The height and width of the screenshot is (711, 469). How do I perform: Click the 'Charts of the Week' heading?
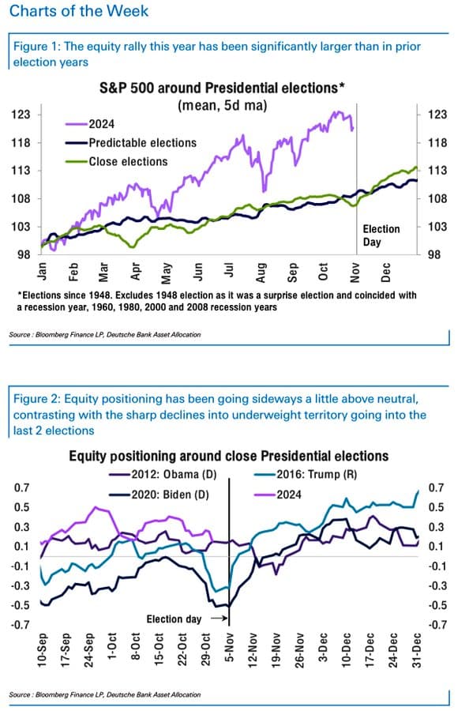tap(79, 10)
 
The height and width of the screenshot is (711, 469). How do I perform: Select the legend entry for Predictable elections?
tap(131, 143)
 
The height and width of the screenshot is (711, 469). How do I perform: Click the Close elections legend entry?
tap(117, 161)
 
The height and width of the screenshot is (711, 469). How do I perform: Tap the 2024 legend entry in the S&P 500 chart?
tap(90, 124)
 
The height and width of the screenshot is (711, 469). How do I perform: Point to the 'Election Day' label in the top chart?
tap(381, 235)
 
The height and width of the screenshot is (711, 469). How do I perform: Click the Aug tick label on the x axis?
tap(261, 273)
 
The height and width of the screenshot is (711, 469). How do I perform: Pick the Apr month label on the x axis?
tap(135, 272)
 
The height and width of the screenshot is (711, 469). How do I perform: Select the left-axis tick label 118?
tap(21, 143)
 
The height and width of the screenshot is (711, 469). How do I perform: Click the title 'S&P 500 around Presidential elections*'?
tap(222, 88)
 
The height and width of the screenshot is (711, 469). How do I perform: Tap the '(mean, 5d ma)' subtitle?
tap(223, 106)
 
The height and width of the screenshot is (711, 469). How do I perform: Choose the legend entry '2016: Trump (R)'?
tap(306, 475)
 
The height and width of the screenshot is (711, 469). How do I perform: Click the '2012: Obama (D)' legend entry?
tap(163, 475)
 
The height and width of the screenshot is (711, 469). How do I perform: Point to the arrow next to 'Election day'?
tap(219, 618)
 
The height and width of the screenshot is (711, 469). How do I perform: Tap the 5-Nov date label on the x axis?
tap(230, 649)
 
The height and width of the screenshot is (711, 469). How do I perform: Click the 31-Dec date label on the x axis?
tap(417, 650)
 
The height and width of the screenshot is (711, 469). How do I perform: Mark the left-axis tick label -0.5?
tap(22, 605)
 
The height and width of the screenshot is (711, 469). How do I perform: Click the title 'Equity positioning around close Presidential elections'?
tap(229, 456)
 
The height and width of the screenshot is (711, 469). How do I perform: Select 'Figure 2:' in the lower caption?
tap(36, 399)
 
